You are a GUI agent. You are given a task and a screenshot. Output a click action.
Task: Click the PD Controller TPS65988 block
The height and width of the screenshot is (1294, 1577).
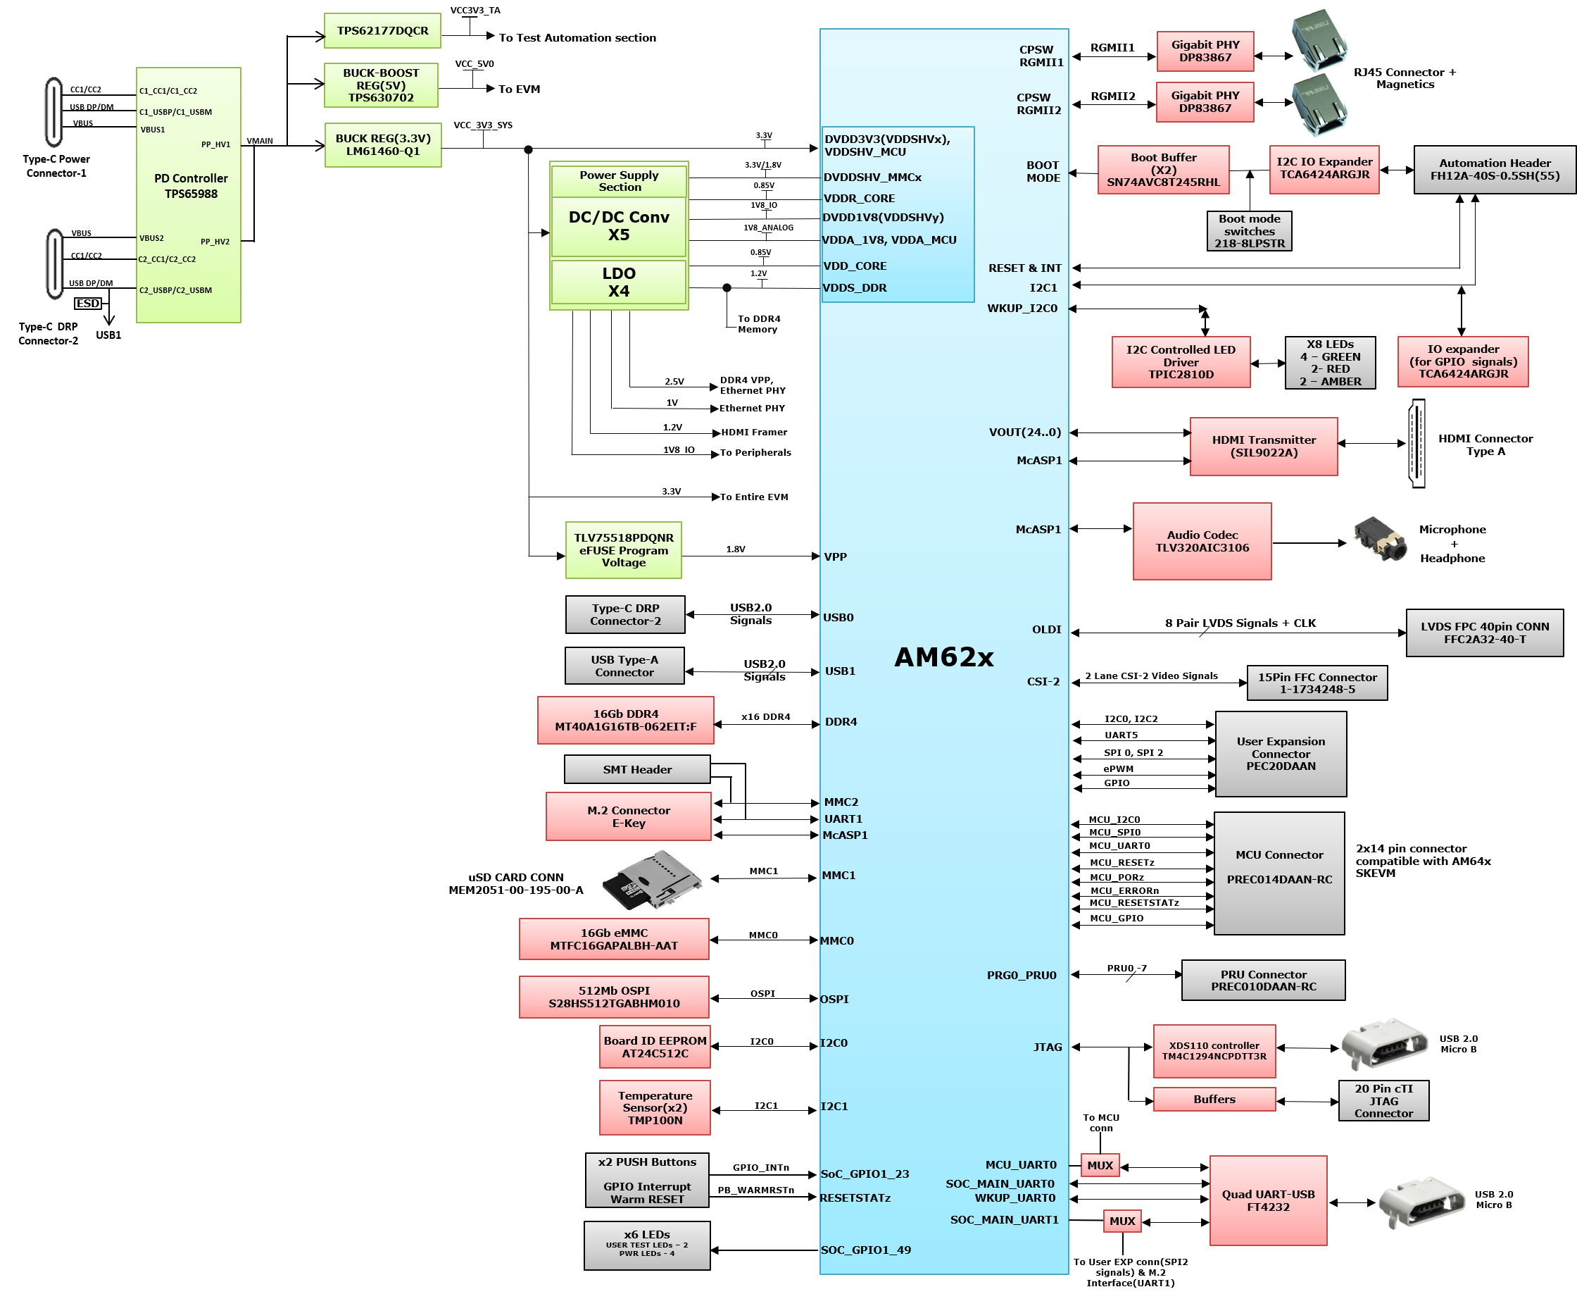point(189,195)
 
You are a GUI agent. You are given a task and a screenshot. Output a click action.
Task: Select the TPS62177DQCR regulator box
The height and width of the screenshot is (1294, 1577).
point(382,30)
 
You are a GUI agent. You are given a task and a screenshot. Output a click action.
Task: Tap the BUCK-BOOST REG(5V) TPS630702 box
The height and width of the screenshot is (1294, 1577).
point(382,85)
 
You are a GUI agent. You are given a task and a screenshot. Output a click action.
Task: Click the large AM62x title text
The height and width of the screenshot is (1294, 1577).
point(944,657)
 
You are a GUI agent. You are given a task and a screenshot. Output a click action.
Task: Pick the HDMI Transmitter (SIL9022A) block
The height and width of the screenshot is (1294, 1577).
point(1264,447)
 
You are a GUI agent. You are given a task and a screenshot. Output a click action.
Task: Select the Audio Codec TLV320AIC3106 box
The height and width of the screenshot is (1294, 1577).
point(1202,541)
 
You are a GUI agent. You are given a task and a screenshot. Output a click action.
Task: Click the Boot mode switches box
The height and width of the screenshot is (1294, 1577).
point(1249,231)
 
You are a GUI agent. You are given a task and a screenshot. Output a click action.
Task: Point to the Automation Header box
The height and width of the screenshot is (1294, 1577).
point(1495,169)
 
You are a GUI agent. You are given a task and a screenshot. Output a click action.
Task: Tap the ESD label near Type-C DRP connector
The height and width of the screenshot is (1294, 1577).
point(88,304)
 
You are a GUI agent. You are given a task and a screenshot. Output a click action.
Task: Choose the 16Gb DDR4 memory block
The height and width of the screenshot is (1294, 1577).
point(626,720)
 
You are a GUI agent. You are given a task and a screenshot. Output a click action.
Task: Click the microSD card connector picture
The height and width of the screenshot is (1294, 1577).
point(651,880)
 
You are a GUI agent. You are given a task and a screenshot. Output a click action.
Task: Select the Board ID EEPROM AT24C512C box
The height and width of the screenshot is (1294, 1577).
point(655,1047)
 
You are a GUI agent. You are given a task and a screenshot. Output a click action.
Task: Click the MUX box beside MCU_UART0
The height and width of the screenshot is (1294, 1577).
point(1100,1165)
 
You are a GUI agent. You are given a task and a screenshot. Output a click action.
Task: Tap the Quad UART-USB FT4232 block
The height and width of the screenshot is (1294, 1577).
point(1268,1200)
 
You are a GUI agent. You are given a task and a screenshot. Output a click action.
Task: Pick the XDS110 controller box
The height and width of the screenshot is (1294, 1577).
point(1214,1051)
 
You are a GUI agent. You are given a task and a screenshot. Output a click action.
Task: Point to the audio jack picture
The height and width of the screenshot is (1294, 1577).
point(1381,538)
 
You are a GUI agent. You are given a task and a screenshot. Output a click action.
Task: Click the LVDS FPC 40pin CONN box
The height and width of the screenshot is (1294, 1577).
point(1485,633)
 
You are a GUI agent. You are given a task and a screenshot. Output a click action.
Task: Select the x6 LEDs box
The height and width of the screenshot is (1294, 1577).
point(646,1245)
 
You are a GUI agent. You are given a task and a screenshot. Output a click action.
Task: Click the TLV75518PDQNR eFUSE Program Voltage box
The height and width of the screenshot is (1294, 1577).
point(624,550)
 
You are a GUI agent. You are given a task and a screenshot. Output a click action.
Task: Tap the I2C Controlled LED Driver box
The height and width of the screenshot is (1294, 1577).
point(1181,361)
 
